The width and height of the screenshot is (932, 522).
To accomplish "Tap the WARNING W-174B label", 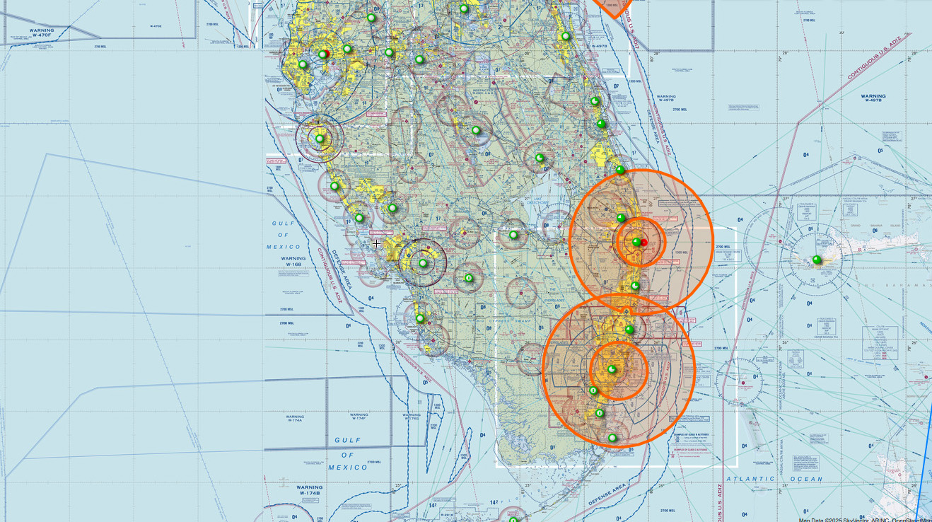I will pos(309,490).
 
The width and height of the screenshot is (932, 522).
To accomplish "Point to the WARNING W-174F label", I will pos(359,417).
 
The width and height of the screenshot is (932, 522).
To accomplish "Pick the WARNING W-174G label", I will pos(411,417).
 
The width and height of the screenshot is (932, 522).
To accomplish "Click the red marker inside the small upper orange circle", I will pos(643,243).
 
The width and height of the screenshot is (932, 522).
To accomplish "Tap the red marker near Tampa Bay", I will pos(327,53).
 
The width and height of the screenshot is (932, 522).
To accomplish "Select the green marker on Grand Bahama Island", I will pos(817,260).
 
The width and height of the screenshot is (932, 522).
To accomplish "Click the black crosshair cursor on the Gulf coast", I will pos(377,244).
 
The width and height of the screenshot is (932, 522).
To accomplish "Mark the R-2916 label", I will pos(445,515).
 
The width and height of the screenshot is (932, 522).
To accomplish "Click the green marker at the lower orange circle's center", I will pos(612,369).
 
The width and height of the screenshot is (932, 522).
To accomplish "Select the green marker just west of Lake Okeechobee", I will pos(513,235).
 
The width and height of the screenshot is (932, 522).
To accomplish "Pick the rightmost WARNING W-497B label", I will pos(873,98).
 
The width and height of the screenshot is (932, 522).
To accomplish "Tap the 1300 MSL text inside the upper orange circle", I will pos(681,252).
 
